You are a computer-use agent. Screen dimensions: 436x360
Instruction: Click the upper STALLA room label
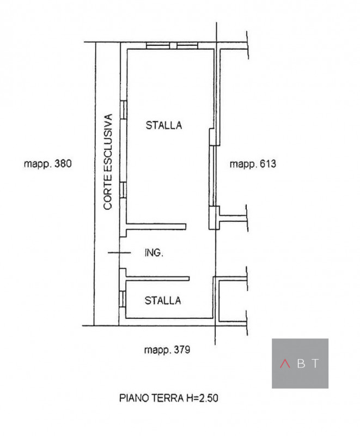click(163, 125)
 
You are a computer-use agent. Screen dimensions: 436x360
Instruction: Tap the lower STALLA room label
click(163, 300)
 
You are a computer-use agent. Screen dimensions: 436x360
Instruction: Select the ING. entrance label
click(154, 253)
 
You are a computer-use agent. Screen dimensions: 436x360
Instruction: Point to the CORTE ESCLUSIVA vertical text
click(108, 161)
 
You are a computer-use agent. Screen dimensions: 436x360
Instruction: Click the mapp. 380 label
click(48, 163)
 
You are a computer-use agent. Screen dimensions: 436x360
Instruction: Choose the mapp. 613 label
click(253, 163)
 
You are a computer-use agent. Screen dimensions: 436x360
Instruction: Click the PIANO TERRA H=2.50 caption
click(168, 398)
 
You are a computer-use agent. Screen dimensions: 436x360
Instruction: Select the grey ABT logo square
click(300, 363)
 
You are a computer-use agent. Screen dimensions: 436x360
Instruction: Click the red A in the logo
click(284, 364)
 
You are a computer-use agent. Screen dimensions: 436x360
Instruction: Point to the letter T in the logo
click(316, 364)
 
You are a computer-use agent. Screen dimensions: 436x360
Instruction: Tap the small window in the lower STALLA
click(123, 299)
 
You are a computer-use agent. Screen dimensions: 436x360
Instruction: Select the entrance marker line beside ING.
click(119, 252)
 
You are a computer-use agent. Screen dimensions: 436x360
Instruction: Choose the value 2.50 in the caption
click(209, 398)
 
